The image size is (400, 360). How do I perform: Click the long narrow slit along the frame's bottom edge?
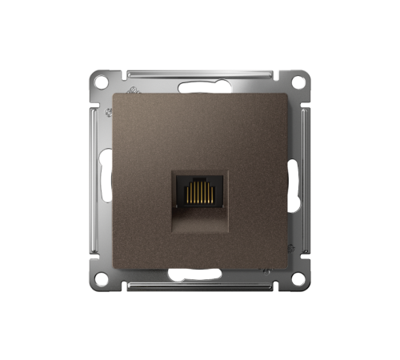tap(200, 285)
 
